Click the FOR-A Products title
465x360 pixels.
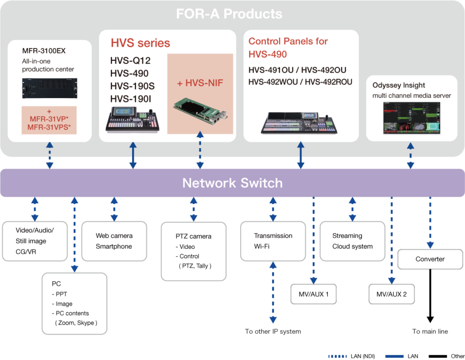(229, 14)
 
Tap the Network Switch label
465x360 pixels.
(232, 183)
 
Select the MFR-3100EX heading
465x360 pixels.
(44, 50)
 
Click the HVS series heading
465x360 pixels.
(140, 43)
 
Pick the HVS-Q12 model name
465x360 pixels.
(130, 61)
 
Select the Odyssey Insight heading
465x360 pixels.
(399, 85)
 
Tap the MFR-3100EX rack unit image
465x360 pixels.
(49, 89)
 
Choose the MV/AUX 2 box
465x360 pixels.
(391, 294)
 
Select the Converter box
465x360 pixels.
(430, 259)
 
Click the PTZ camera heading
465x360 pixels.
(193, 236)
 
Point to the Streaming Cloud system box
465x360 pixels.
(352, 241)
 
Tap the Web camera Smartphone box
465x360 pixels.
(114, 241)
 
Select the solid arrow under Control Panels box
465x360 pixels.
(301, 157)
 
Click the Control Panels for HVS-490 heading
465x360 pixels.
(288, 48)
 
